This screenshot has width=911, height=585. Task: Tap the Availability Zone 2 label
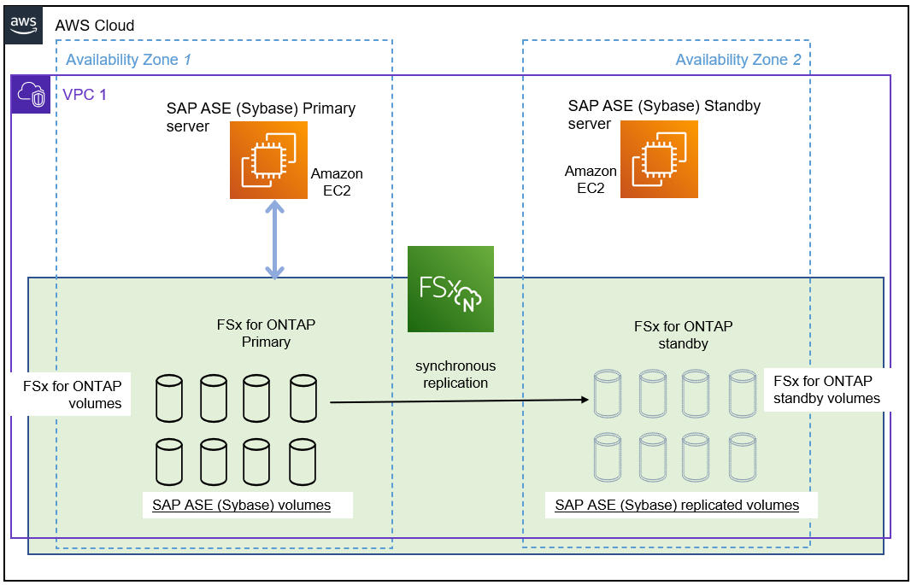738,60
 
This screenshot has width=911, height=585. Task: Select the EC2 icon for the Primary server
268,160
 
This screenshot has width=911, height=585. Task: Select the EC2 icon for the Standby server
659,160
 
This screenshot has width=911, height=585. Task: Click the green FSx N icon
450,289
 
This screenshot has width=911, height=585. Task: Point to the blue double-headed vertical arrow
274,240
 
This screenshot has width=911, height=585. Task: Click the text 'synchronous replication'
455,374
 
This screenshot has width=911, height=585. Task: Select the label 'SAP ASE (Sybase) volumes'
242,505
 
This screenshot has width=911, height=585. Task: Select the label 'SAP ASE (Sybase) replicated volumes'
677,505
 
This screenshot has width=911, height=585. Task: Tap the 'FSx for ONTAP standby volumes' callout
826,389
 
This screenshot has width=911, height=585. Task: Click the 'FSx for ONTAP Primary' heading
266,333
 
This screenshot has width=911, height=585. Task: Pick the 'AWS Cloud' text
95,26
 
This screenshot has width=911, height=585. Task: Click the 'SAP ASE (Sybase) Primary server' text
260,118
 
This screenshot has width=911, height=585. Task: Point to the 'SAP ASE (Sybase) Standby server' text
663,115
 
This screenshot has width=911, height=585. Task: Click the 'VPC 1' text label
85,94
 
